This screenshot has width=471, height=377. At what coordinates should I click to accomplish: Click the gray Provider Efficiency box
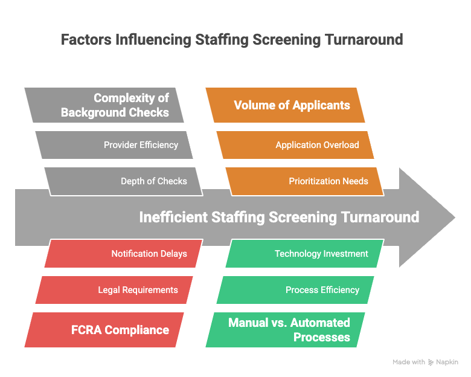(114, 145)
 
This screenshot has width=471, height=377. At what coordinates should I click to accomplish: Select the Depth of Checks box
(124, 181)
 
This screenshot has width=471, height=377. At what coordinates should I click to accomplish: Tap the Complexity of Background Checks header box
(104, 105)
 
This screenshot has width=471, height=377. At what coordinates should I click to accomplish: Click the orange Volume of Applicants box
(286, 105)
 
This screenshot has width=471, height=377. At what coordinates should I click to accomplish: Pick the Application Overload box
(295, 145)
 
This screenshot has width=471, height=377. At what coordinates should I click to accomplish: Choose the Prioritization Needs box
(305, 181)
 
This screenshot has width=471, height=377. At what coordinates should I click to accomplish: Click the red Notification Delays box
(124, 253)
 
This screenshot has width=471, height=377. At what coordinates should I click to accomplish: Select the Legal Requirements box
(114, 290)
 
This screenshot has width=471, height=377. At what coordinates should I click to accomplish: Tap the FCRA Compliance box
(104, 330)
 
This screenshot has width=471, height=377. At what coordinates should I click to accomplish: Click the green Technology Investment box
(305, 253)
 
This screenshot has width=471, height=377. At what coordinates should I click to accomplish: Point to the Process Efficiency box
(295, 290)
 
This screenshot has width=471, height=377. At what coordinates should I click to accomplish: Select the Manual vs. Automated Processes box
(286, 330)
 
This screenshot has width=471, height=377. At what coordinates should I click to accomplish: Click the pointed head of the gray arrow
(455, 217)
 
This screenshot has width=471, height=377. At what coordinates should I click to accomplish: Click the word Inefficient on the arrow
(173, 217)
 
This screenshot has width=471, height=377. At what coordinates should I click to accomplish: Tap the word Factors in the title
(86, 40)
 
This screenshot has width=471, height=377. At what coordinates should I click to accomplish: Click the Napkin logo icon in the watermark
(431, 362)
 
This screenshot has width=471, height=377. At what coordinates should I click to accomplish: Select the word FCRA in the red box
(86, 330)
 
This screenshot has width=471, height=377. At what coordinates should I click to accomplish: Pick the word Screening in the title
(287, 40)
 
